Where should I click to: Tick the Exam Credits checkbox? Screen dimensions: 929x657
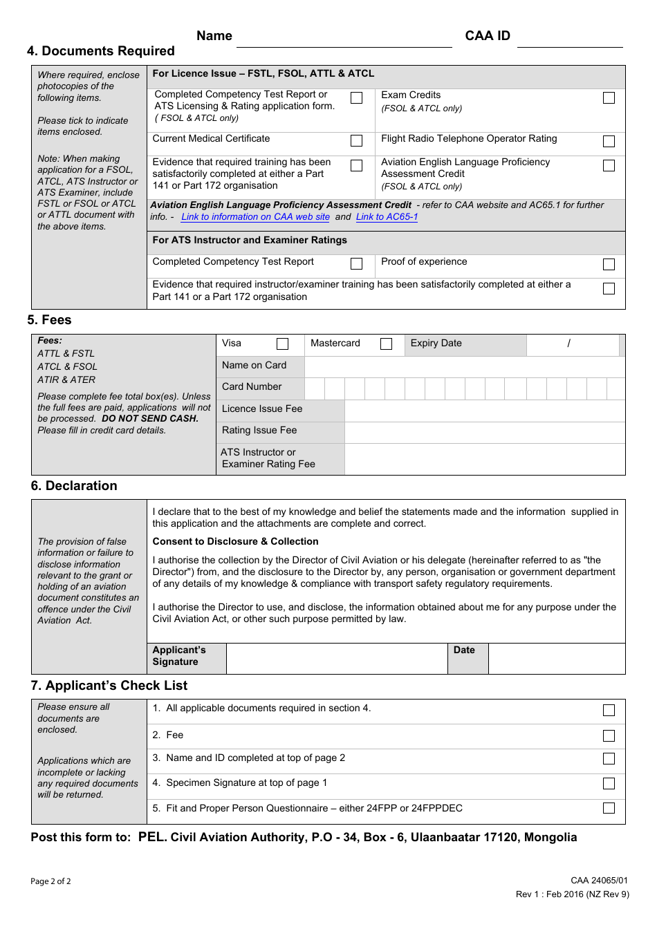tap(609, 98)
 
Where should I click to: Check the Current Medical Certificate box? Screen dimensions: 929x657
tap(356, 141)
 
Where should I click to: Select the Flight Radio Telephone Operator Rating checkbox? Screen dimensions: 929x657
tap(609, 141)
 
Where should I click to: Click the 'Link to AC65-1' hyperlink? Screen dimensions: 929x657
tap(387, 217)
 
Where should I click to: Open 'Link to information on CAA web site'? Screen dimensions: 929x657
tap(255, 217)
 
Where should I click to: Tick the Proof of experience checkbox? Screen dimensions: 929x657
tap(609, 264)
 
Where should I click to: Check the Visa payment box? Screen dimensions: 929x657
tap(282, 344)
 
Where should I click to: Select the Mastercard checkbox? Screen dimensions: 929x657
tap(386, 344)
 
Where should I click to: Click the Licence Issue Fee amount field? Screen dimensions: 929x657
tap(484, 409)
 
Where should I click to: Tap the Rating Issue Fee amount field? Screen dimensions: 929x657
tap(484, 431)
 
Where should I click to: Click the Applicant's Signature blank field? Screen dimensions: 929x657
tap(336, 659)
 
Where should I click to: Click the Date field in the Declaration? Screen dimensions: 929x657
tap(556, 659)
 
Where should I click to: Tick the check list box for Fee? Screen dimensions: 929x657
tap(609, 735)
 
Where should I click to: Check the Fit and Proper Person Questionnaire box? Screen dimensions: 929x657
tap(609, 808)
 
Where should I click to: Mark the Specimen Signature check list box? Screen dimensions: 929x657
tap(609, 783)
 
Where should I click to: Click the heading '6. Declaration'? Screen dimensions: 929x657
tap(74, 486)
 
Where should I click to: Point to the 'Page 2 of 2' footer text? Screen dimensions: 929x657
tap(50, 881)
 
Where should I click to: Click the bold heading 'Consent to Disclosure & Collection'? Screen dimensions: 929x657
tap(235, 542)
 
